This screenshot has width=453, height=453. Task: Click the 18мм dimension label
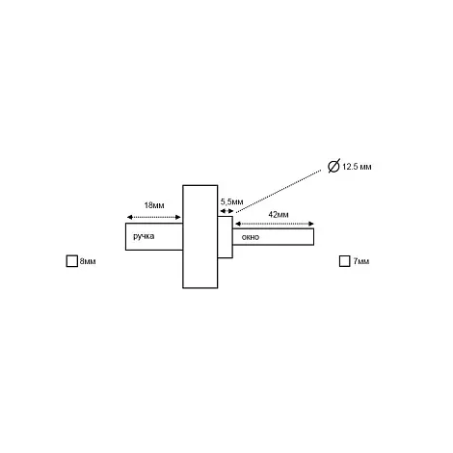click(154, 205)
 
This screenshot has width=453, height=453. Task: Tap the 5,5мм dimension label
click(231, 202)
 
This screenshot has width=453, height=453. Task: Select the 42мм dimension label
click(279, 215)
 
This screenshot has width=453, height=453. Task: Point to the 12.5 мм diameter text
click(357, 167)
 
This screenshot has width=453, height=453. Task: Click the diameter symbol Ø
click(333, 166)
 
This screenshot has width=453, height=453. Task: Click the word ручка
click(144, 237)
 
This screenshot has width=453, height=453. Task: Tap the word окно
click(251, 237)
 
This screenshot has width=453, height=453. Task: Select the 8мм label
click(88, 261)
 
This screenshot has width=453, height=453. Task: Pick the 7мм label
click(361, 261)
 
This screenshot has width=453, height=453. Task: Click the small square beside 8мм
click(72, 261)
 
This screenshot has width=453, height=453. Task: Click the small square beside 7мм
click(345, 261)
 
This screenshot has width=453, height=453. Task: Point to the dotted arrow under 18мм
click(154, 217)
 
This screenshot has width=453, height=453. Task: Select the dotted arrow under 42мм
click(275, 224)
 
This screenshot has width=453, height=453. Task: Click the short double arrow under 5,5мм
click(226, 211)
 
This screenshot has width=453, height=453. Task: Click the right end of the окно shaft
click(313, 237)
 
